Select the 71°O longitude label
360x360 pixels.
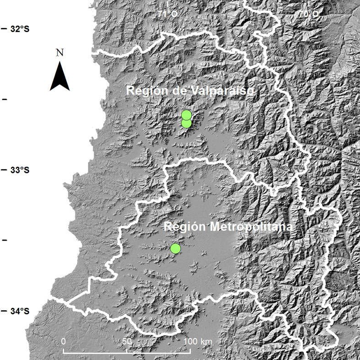point(167,14)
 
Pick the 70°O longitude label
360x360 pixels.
point(310,14)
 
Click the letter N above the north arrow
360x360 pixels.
point(59,53)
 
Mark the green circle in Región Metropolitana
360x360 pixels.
point(175,248)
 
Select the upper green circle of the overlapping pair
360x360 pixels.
point(186,115)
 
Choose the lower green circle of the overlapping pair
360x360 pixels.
point(186,124)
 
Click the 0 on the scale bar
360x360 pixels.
point(63,342)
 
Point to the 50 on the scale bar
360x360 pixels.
point(127,342)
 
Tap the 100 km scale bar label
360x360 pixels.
point(198,342)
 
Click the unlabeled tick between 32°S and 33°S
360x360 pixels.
point(5,99)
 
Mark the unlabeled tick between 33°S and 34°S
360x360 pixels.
point(5,240)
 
